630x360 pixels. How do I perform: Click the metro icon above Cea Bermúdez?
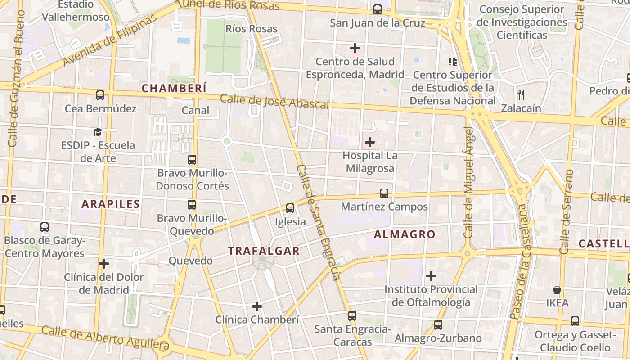pyautogui.click(x=100, y=95)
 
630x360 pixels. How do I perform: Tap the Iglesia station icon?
pyautogui.click(x=290, y=208)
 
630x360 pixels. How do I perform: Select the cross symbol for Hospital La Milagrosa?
pyautogui.click(x=369, y=143)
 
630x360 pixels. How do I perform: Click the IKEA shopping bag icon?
pyautogui.click(x=557, y=290)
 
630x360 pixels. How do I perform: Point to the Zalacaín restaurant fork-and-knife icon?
pyautogui.click(x=521, y=94)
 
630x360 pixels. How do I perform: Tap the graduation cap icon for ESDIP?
pyautogui.click(x=98, y=132)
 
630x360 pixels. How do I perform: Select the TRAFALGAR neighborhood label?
pyautogui.click(x=264, y=251)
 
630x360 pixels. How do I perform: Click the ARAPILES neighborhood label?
pyautogui.click(x=111, y=204)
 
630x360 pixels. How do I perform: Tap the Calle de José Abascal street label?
pyautogui.click(x=274, y=101)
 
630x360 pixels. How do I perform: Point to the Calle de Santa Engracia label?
pyautogui.click(x=318, y=222)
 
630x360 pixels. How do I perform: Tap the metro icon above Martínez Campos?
pyautogui.click(x=384, y=193)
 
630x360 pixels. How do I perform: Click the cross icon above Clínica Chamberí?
pyautogui.click(x=257, y=306)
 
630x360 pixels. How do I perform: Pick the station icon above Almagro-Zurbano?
pyautogui.click(x=438, y=325)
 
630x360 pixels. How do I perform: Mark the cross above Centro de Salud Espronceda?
pyautogui.click(x=355, y=48)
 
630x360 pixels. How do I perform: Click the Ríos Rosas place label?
pyautogui.click(x=252, y=29)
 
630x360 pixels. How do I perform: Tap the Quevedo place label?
pyautogui.click(x=190, y=261)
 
